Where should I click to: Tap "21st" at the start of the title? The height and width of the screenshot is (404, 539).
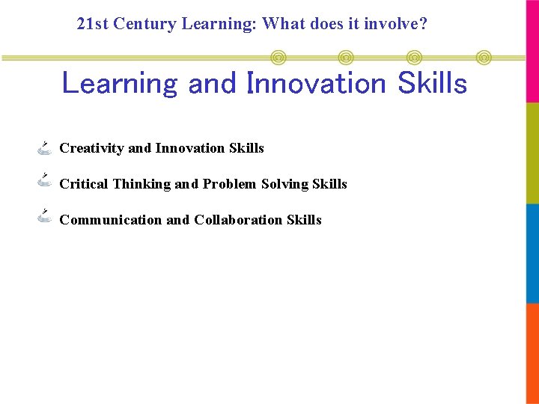(x=93, y=24)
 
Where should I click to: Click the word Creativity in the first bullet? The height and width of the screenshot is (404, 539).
(x=91, y=148)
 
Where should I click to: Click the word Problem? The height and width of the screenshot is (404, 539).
(x=230, y=184)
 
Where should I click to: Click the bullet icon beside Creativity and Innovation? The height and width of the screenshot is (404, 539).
(x=44, y=147)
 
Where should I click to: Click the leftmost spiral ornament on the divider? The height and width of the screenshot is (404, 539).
(x=278, y=57)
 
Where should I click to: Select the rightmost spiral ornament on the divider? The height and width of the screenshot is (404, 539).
(x=484, y=57)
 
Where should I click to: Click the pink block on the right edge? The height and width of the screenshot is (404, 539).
(x=532, y=51)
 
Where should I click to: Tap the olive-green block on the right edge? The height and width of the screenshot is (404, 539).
(x=532, y=153)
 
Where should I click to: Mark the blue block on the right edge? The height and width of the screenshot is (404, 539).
(x=532, y=253)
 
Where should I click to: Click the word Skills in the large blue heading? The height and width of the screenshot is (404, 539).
(x=432, y=83)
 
